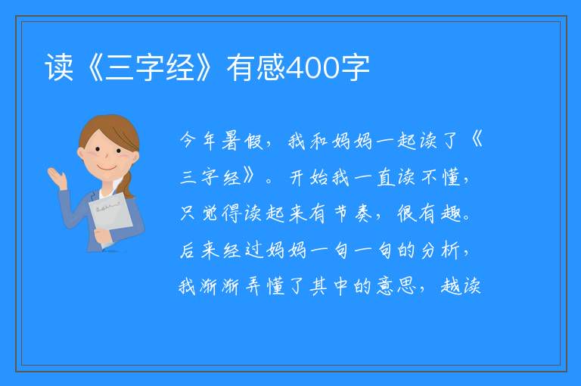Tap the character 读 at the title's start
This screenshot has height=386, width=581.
pyautogui.click(x=58, y=67)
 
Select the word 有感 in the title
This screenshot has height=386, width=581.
pyautogui.click(x=256, y=67)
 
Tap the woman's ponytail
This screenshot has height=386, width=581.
pyautogui.click(x=128, y=185)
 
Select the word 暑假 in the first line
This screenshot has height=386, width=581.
pyautogui.click(x=242, y=142)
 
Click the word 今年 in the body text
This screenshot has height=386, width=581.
pyautogui.click(x=198, y=142)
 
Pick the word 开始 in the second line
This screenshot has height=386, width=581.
pyautogui.click(x=309, y=177)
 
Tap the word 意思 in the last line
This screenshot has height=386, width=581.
pyautogui.click(x=396, y=286)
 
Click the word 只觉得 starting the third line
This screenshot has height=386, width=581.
pyautogui.click(x=210, y=213)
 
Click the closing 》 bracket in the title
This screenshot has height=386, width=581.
pyautogui.click(x=204, y=67)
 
